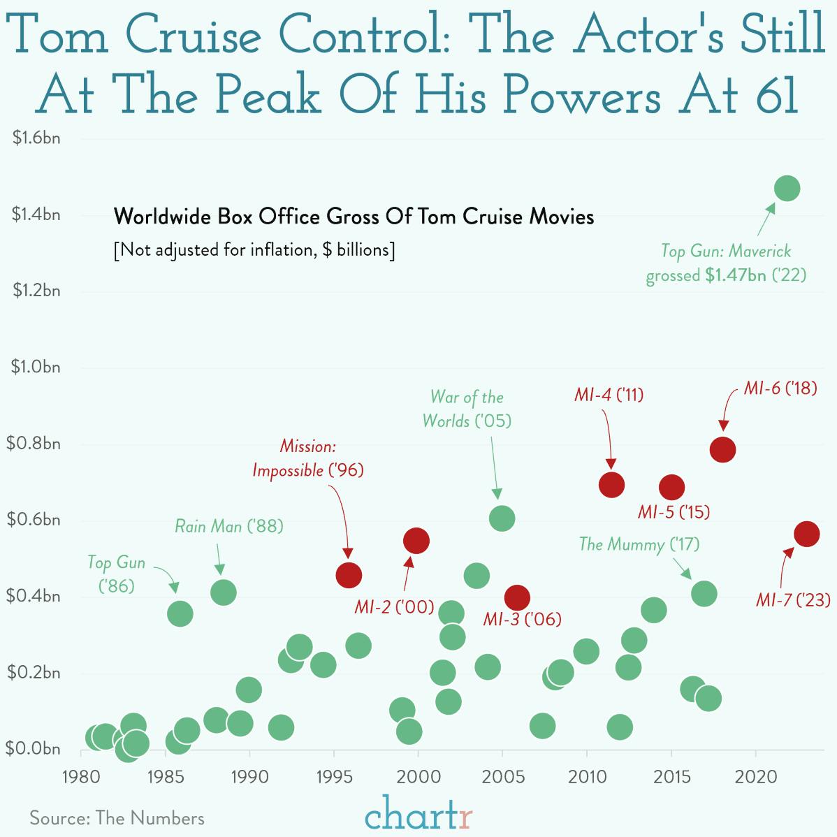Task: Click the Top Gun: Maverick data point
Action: coord(787,189)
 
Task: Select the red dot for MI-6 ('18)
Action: coord(722,449)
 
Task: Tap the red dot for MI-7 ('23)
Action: coord(806,534)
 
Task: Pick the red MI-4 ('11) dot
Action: coord(611,483)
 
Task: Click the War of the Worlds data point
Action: coord(502,518)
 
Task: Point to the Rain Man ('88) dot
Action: coord(223,592)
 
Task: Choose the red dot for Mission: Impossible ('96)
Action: coord(349,575)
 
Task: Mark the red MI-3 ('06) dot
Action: coord(517,597)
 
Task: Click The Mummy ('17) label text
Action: coord(639,544)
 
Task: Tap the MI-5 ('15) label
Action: coord(674,512)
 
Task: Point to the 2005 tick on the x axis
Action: coord(502,777)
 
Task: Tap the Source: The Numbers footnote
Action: coord(117,818)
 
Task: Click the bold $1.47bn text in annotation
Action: coord(735,275)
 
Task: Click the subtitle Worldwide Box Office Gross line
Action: coord(354,217)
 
